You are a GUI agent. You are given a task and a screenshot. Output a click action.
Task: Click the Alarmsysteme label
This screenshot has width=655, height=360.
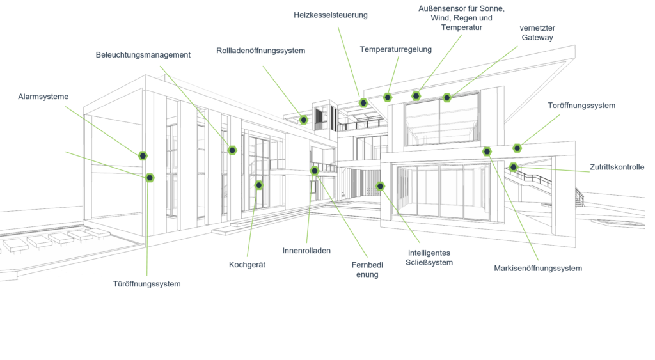point(43,97)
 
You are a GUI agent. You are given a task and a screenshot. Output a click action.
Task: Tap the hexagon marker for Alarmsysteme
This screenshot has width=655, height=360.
point(143,156)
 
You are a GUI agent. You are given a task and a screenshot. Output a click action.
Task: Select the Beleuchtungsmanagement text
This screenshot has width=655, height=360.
point(143,55)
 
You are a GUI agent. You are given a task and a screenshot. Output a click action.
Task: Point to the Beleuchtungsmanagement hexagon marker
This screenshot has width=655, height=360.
point(232,150)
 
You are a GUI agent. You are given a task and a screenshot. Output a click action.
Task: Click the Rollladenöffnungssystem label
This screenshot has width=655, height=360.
point(261,51)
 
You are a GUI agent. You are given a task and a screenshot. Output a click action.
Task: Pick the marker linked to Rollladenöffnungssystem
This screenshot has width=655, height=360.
point(304,120)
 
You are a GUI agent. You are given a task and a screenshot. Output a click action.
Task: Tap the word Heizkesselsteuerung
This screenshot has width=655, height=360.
point(331,15)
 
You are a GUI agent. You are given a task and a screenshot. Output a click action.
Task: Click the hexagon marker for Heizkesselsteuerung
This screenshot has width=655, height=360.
point(363,103)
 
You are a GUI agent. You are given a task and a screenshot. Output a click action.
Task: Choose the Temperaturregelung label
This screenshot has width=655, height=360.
point(395,49)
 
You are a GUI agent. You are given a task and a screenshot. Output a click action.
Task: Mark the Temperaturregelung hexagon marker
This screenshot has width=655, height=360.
point(388,98)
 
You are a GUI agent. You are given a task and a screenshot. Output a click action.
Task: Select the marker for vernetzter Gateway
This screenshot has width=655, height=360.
point(447,98)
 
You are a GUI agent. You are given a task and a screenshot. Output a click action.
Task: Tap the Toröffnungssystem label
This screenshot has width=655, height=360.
point(581,106)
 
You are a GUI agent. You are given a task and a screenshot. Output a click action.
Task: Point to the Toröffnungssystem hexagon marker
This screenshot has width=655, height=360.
point(517,148)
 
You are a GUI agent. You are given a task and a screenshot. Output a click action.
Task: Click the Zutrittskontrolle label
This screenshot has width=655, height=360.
point(617,167)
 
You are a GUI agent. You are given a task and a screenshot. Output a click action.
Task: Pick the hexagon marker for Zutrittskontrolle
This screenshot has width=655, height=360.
point(514,167)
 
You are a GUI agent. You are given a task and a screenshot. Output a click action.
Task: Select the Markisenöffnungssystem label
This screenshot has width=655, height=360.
point(538,269)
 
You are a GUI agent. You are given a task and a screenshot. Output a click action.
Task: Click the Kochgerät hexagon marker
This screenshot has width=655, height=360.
point(259,185)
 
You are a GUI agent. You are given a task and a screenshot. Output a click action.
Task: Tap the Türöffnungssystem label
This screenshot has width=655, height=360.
point(146,284)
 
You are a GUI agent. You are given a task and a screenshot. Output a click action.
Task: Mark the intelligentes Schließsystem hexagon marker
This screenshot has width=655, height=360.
point(380,186)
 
